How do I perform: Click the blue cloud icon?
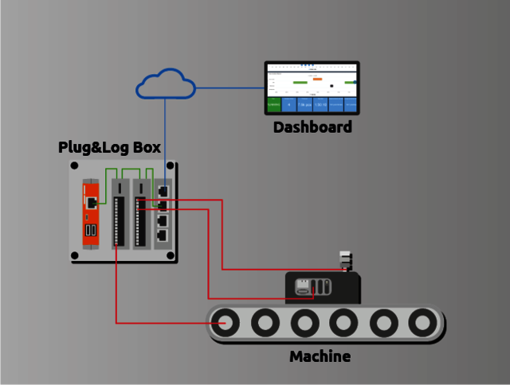[x=166, y=84]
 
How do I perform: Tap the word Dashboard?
[x=312, y=127]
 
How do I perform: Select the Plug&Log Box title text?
[x=109, y=148]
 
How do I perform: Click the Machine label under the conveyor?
[x=320, y=356]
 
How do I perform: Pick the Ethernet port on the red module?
[x=92, y=202]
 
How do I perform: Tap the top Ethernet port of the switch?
[x=163, y=191]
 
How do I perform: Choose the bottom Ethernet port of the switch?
[x=163, y=235]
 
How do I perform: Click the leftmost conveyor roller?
[x=226, y=323]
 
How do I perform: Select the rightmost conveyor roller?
[x=422, y=323]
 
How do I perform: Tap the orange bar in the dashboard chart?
[x=317, y=79]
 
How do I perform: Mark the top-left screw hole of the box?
[x=74, y=166]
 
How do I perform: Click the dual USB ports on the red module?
[x=90, y=231]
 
